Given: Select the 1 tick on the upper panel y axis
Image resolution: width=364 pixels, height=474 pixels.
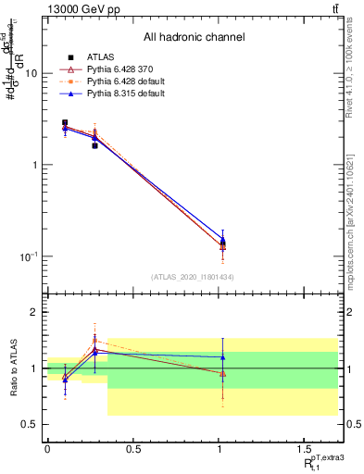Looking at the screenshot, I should (x=34, y=165).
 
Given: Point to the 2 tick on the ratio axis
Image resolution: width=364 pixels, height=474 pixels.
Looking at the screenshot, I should (x=34, y=313).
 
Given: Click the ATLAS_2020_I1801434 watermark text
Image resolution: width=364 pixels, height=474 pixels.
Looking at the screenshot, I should (x=193, y=277).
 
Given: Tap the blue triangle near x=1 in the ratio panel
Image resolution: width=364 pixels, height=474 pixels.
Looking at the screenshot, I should (x=222, y=357).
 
